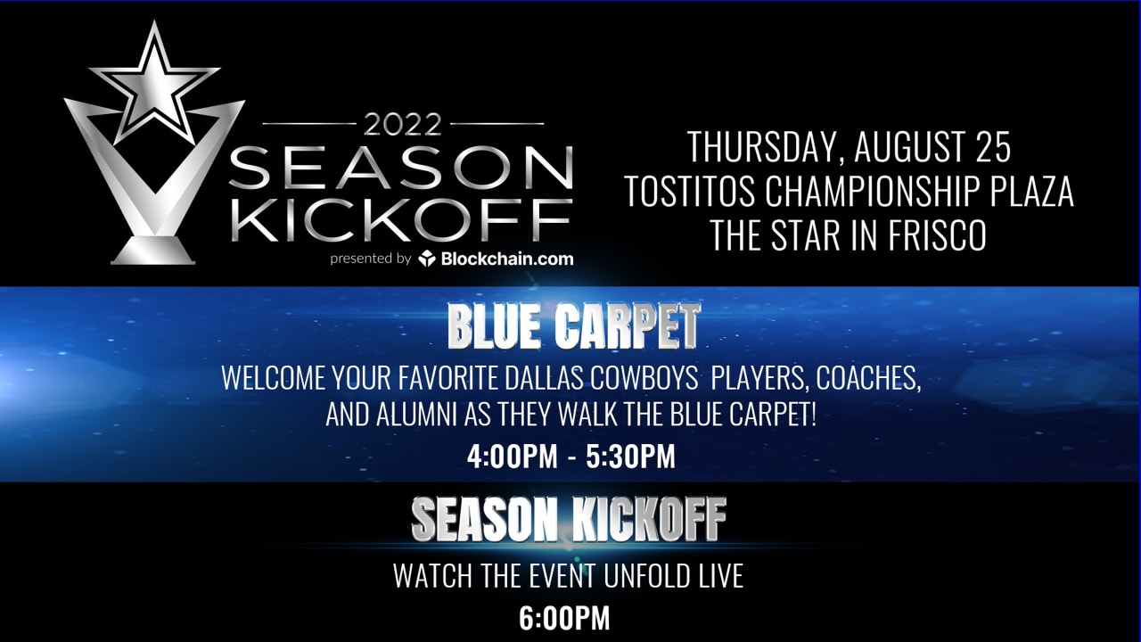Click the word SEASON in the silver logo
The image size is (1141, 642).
(401, 167)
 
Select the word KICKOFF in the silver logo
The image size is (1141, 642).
(401, 218)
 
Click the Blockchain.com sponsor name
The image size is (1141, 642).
(505, 259)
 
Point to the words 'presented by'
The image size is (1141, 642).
(370, 259)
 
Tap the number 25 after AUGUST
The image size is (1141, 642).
(993, 148)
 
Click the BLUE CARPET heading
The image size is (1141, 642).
(573, 328)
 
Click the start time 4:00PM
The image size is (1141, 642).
(511, 457)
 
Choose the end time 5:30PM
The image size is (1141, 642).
(630, 457)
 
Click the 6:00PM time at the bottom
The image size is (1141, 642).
(564, 619)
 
